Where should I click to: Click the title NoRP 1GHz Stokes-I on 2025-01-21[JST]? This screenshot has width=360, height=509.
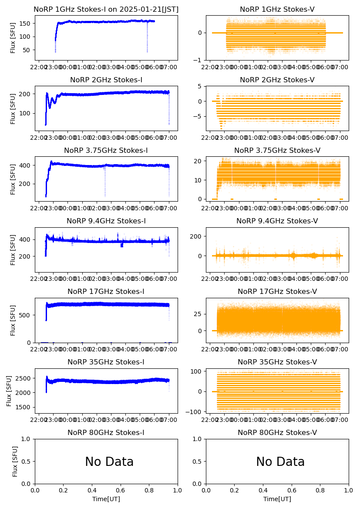(106, 9)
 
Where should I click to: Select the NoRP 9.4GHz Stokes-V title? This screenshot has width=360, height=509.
(277, 221)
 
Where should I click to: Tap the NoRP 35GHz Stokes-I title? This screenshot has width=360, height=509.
(106, 362)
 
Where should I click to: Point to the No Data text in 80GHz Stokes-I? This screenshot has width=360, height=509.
(109, 462)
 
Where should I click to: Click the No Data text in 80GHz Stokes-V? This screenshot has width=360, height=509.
(280, 462)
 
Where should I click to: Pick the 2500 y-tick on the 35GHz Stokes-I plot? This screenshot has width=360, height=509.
(24, 378)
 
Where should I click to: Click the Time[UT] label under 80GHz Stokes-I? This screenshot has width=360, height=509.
(106, 499)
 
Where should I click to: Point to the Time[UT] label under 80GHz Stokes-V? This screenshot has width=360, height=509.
(277, 499)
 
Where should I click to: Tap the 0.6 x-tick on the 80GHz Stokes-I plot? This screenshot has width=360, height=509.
(121, 491)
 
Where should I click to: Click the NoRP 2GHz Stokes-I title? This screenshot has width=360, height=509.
(106, 80)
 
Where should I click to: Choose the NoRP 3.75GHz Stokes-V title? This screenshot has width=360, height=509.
(277, 151)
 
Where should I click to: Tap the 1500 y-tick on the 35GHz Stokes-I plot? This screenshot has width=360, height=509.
(24, 407)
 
